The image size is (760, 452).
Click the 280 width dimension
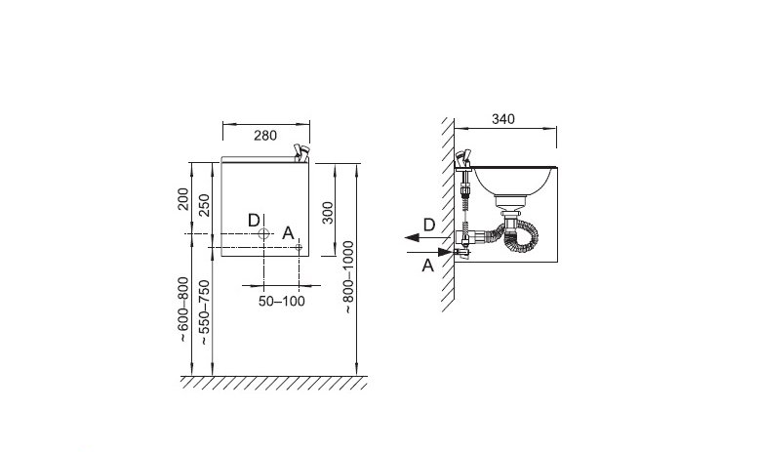click(x=265, y=136)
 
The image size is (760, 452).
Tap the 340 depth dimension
click(x=503, y=119)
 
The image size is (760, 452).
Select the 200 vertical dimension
click(x=182, y=199)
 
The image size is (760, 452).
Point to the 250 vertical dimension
click(x=204, y=205)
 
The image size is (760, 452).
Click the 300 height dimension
click(x=328, y=213)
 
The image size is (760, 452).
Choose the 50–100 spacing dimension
click(x=282, y=302)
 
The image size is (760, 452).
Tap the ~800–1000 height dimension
click(x=349, y=277)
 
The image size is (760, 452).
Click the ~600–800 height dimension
click(x=182, y=309)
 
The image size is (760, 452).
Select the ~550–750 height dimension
click(x=205, y=312)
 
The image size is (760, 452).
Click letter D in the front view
click(x=254, y=221)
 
